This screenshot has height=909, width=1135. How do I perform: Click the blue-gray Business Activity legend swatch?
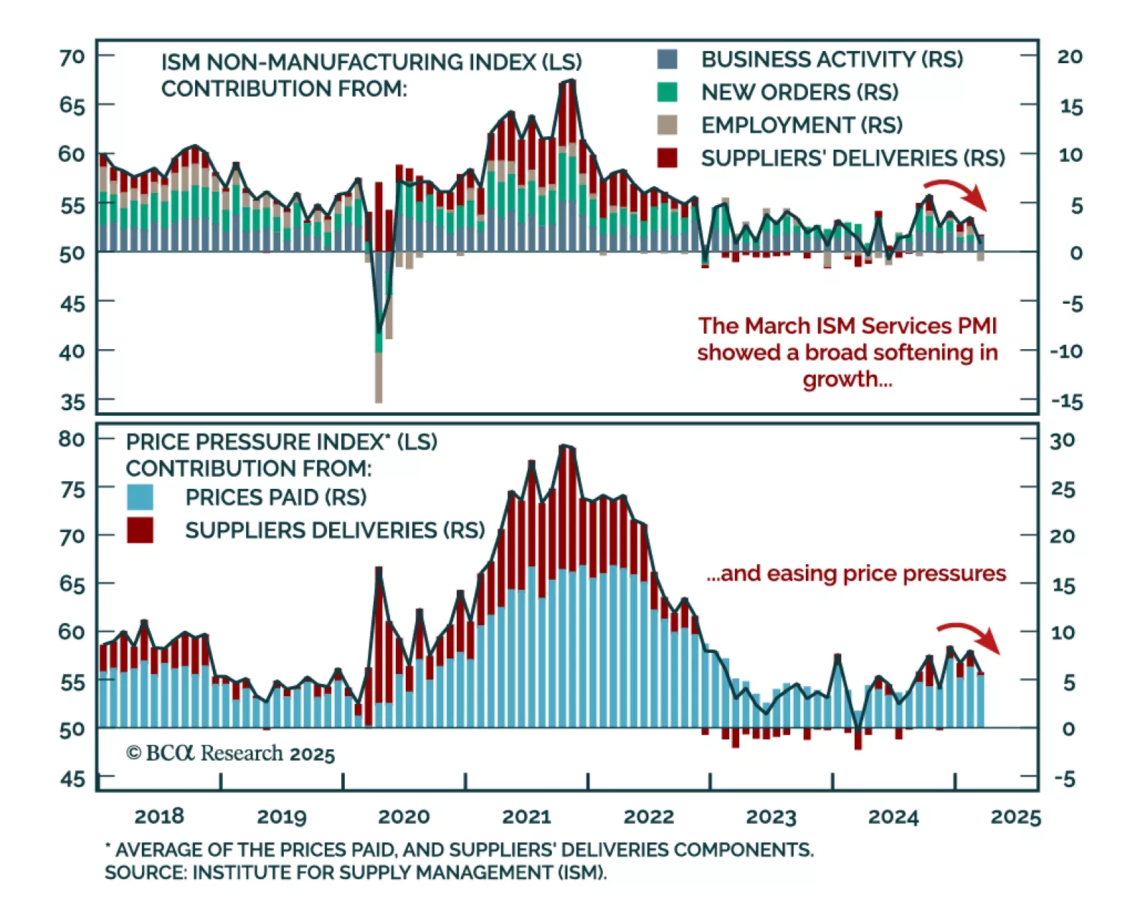tap(667, 59)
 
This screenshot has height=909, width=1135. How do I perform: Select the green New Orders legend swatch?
tap(667, 92)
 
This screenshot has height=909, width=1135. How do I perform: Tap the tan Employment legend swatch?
tap(667, 125)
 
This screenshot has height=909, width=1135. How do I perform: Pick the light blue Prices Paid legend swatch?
tap(140, 497)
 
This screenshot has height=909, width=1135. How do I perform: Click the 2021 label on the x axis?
tap(526, 817)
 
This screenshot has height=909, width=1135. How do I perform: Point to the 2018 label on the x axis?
tap(159, 817)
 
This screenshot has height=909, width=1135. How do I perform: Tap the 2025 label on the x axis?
tap(1016, 817)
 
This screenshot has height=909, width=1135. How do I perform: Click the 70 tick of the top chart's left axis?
tap(72, 56)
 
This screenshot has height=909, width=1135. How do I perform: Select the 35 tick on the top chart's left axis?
tap(72, 402)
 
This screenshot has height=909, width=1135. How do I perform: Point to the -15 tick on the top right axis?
tap(1067, 402)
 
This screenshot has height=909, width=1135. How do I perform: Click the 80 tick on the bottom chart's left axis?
tap(72, 439)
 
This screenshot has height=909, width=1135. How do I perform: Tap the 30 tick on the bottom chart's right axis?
tap(1062, 441)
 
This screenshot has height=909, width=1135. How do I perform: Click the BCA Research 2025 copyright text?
tap(230, 753)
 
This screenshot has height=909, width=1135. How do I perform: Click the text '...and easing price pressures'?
tap(856, 573)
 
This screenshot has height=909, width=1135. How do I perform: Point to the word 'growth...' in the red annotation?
tap(847, 379)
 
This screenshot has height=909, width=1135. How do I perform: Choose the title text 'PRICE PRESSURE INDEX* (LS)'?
tap(282, 442)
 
